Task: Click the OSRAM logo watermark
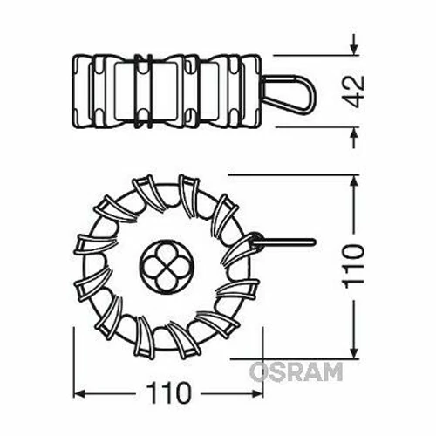pos(296,372)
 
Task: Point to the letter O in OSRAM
pos(260,372)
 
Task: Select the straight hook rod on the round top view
pos(288,241)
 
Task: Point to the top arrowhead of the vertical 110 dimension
pos(354,181)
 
